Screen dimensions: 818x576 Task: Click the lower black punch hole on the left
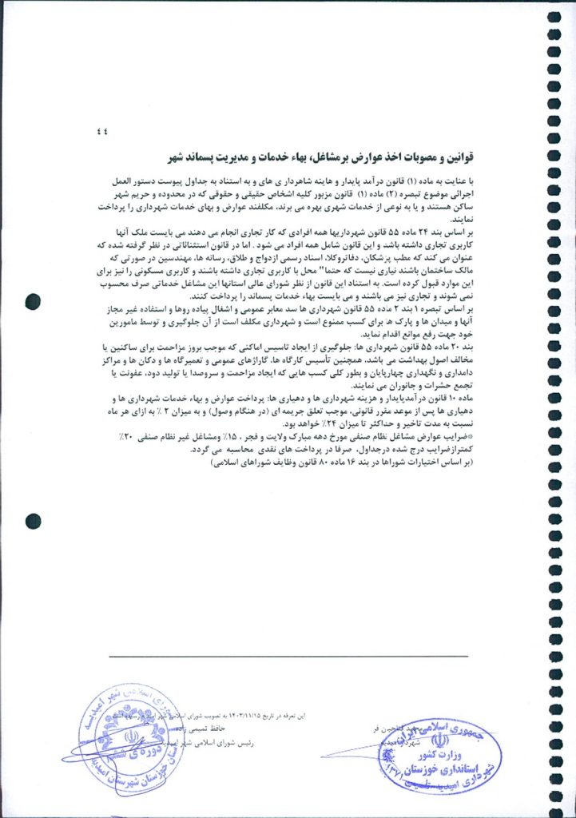pyautogui.click(x=34, y=522)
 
